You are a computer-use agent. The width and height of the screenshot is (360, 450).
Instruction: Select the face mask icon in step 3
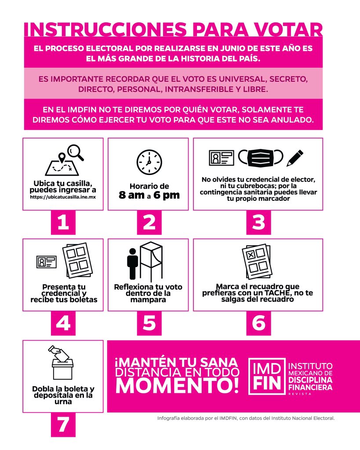tap(261, 158)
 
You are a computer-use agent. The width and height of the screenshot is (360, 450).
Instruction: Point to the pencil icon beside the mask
tap(295, 158)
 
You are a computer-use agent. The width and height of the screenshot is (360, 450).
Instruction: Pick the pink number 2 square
tap(149, 222)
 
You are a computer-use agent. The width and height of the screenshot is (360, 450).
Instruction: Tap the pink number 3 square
tap(258, 222)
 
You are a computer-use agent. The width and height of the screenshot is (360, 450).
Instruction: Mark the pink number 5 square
tap(149, 323)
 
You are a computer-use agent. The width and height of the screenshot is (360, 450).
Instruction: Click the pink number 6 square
tap(258, 323)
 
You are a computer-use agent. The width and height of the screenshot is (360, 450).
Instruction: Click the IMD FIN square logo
tap(266, 376)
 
